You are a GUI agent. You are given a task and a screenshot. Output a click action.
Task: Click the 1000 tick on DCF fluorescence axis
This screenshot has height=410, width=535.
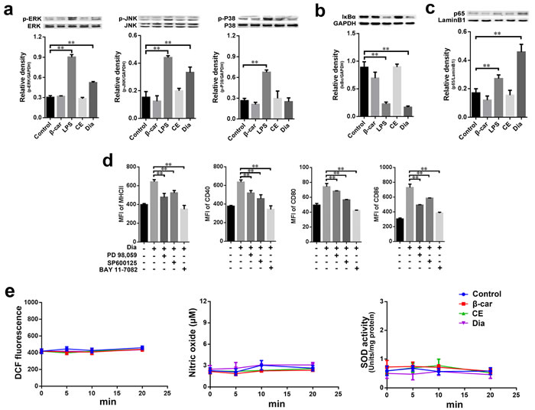pos(28,302)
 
